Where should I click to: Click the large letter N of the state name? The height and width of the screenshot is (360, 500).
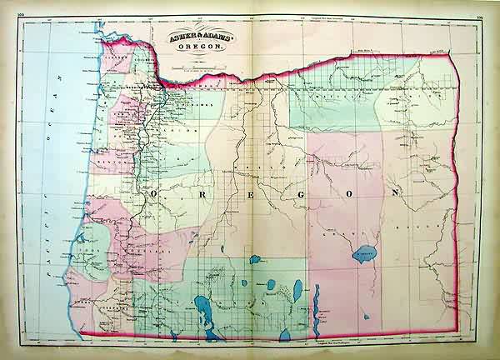click(391, 192)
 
